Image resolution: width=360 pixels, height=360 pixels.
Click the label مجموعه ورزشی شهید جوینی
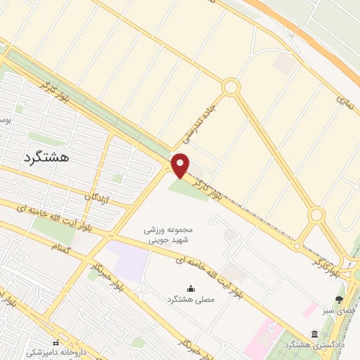(x=168, y=235)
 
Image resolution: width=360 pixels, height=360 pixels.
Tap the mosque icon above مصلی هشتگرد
(x=190, y=288)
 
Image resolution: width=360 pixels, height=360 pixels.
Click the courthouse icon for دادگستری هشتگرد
(x=314, y=334)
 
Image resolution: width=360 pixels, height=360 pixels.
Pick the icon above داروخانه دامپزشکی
(x=56, y=342)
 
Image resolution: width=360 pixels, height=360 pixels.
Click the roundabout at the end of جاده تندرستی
(x=231, y=87)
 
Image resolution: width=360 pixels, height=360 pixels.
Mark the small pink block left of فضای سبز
(x=309, y=309)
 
